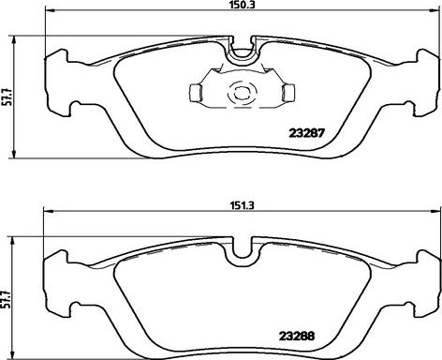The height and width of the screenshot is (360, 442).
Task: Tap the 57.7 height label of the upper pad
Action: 7,97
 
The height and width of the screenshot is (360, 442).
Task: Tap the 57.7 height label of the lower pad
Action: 6,299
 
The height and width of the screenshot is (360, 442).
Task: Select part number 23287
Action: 307,133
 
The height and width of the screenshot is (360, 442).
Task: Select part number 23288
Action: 297,336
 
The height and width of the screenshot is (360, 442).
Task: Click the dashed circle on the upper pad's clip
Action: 243,93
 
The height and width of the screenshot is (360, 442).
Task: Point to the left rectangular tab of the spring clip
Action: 196,93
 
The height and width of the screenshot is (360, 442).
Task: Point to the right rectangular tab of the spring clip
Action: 288,93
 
